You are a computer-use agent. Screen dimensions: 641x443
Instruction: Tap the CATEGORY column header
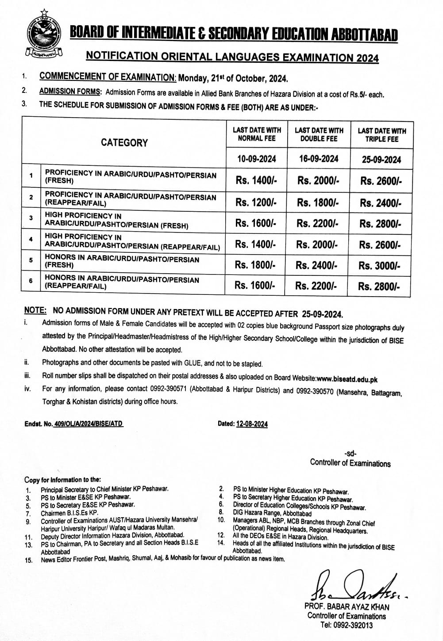(124, 142)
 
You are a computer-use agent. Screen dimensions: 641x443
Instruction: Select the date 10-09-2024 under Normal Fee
(256, 158)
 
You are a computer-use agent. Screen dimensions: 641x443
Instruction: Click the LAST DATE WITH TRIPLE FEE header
(381, 135)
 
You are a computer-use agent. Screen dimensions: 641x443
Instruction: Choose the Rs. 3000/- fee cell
(380, 266)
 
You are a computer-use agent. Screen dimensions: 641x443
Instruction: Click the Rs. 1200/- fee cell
(256, 202)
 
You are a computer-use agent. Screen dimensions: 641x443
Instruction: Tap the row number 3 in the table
(31, 218)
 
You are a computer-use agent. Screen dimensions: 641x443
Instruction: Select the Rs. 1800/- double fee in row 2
(318, 202)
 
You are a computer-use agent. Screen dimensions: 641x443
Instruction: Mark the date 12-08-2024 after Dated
(252, 424)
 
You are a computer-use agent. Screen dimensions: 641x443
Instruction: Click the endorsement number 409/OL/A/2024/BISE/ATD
(88, 424)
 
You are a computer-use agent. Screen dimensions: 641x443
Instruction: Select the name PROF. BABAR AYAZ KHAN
(347, 607)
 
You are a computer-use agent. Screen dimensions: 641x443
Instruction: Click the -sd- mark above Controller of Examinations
(350, 453)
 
